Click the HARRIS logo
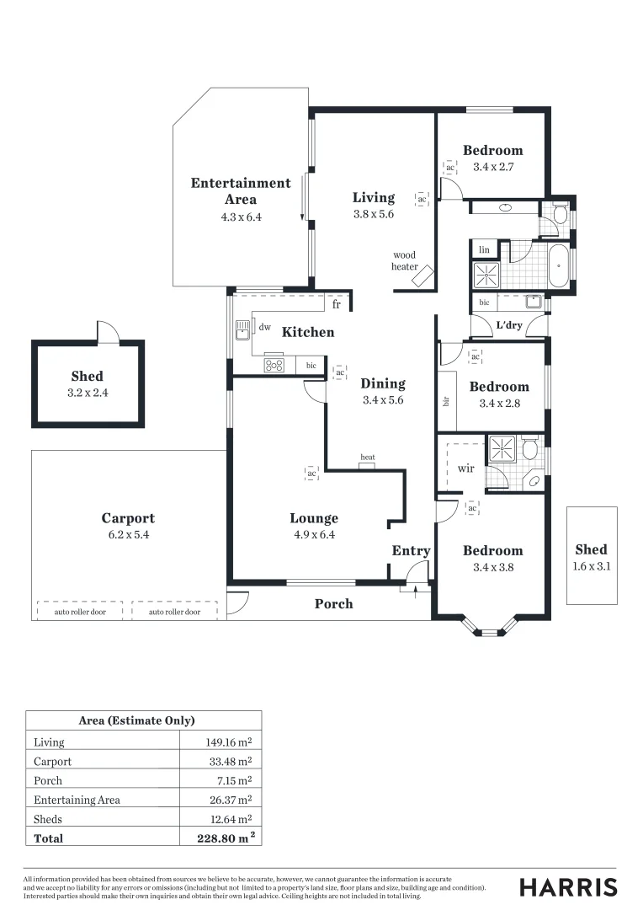click(568, 887)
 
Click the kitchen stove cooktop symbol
click(274, 365)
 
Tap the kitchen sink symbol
click(243, 327)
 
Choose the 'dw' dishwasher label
click(264, 327)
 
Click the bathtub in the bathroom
click(558, 266)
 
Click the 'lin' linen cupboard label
click(484, 250)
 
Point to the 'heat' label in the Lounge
click(368, 458)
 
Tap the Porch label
click(334, 603)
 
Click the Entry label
click(411, 551)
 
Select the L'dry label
click(508, 324)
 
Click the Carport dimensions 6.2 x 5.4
click(128, 535)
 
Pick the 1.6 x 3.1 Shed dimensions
click(591, 566)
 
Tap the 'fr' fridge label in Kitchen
click(337, 304)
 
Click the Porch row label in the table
click(48, 781)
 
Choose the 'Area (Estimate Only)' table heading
click(136, 720)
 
